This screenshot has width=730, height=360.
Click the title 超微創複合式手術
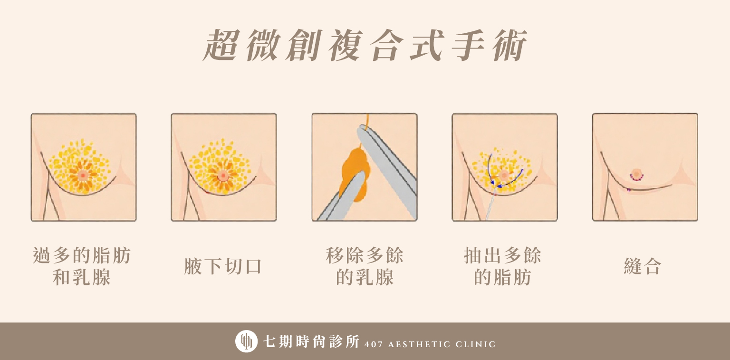(x=365, y=45)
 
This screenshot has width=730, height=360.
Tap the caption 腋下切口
(x=223, y=266)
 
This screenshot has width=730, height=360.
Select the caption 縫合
(x=643, y=266)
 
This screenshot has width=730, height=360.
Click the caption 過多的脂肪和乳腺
(x=82, y=266)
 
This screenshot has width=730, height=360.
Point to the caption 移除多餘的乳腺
(x=365, y=266)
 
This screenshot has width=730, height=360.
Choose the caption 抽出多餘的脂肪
(x=502, y=266)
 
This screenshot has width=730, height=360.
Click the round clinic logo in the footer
(x=246, y=341)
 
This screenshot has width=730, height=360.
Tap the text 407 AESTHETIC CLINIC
(x=430, y=344)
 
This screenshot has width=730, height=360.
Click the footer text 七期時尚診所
(x=311, y=341)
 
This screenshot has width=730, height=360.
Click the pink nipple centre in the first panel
(x=83, y=175)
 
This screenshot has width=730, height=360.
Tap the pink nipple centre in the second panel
(x=223, y=176)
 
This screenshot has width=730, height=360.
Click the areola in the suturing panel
(x=636, y=173)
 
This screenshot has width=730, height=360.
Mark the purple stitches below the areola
(x=636, y=178)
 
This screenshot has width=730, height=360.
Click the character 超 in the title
(x=221, y=45)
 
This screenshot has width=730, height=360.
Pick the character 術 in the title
(x=509, y=45)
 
